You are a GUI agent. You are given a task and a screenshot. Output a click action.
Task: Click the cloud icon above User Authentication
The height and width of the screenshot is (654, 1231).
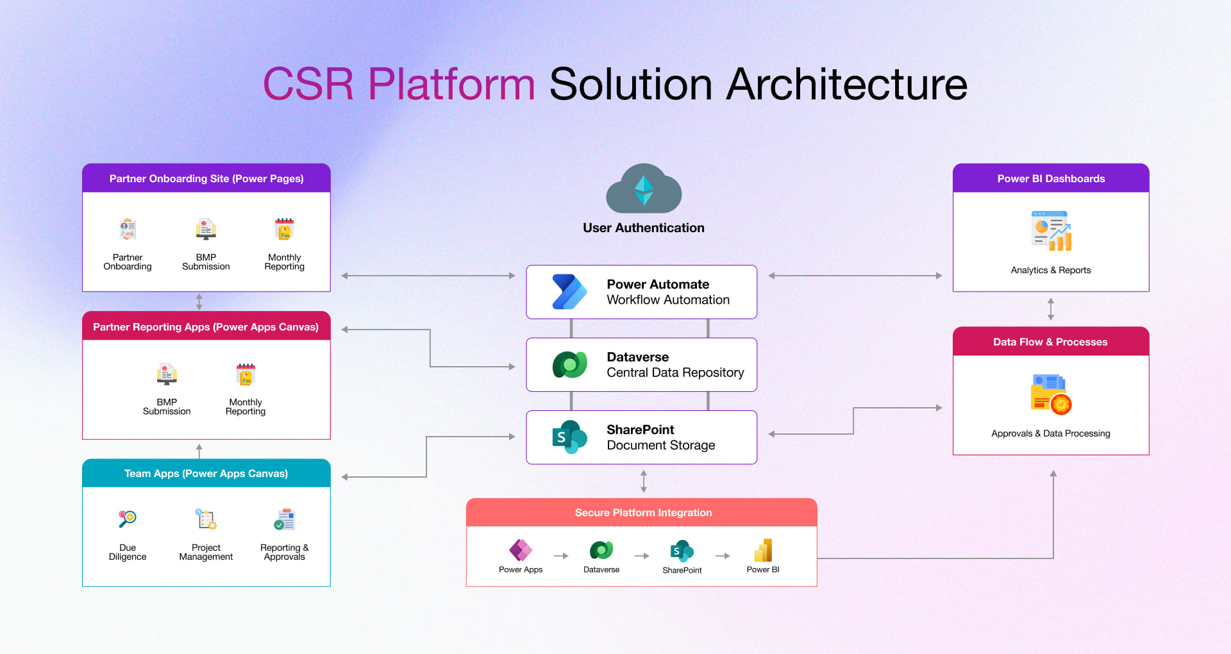point(644,189)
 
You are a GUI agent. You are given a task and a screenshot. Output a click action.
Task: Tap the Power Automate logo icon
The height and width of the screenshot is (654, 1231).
point(569,292)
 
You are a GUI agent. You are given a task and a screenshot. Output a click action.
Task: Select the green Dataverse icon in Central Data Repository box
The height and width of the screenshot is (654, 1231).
point(569,365)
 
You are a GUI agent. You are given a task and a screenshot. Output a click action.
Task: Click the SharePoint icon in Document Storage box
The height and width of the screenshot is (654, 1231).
point(569,437)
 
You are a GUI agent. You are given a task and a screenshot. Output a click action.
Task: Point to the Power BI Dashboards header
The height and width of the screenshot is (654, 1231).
point(1050,179)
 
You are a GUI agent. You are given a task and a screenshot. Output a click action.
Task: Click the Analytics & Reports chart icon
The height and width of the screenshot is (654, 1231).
point(1051,231)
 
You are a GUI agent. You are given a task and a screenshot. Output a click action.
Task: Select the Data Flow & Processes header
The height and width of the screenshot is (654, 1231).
point(1050,342)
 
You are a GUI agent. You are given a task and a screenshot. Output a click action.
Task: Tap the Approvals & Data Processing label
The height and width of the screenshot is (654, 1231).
point(1050,433)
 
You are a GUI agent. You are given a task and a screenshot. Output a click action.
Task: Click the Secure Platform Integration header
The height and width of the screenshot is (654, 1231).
point(643,513)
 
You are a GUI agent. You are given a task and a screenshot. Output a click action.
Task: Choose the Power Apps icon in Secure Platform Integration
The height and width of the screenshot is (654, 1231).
point(521,550)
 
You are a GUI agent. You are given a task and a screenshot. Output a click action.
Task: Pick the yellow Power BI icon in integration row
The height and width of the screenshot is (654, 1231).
point(763,550)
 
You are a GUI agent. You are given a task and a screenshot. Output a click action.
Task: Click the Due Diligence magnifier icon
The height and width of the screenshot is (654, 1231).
point(127,518)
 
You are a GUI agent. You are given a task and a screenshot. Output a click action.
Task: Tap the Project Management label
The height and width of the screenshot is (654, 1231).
point(206,552)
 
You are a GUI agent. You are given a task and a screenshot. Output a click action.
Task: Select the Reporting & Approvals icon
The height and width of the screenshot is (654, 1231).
point(284,519)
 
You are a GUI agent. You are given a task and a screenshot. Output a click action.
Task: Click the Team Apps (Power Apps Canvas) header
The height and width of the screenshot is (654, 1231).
point(206,474)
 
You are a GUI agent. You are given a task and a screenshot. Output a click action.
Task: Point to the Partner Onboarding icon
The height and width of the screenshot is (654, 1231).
point(128,229)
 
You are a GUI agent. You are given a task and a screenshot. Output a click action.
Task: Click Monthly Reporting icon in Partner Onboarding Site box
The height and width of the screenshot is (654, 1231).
point(284,229)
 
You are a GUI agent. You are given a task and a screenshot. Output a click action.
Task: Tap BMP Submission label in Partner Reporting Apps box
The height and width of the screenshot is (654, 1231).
point(167,407)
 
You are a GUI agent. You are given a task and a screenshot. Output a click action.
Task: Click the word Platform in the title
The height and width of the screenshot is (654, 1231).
point(451,84)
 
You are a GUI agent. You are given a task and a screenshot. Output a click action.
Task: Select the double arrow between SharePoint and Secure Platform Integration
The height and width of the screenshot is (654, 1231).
point(644,481)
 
